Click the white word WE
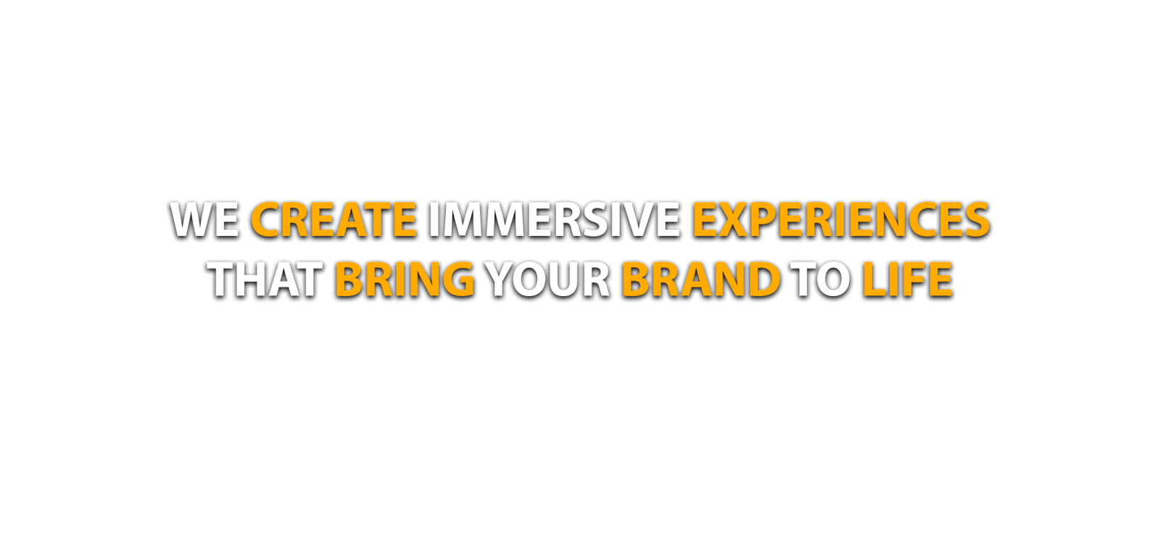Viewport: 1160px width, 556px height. pos(204,219)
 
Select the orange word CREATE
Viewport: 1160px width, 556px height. pos(334,219)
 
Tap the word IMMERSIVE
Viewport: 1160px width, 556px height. pos(554,219)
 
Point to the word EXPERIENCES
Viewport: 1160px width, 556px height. pos(841,219)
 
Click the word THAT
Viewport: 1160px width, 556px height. pos(265,279)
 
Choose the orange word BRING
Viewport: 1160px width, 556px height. pos(405,279)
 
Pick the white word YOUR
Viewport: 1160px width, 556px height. pos(549,279)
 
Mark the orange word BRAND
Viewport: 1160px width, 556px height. pos(701,279)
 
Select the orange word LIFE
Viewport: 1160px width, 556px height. pos(907,279)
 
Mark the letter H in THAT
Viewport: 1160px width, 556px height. pos(253,279)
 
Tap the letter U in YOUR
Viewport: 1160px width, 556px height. pos(570,279)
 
